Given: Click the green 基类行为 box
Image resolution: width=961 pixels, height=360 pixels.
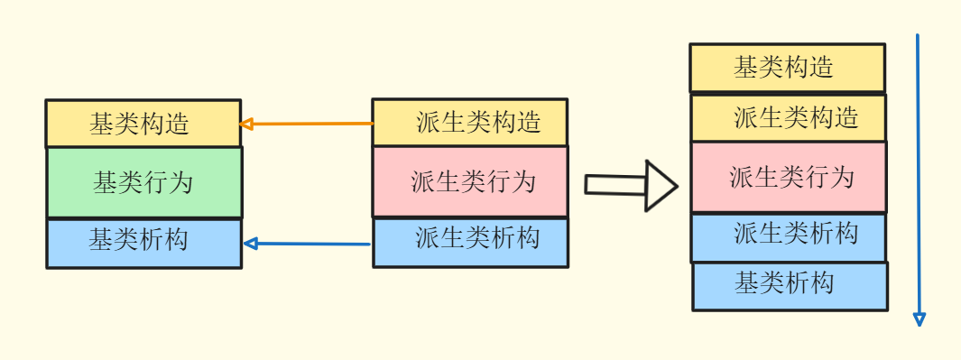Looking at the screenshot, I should (x=143, y=182).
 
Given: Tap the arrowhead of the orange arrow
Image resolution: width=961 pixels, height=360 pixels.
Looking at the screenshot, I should (x=245, y=124).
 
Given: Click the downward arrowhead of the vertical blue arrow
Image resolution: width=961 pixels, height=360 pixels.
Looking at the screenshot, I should (x=919, y=318).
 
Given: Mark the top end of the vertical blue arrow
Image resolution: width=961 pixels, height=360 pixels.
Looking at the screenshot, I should (x=917, y=36).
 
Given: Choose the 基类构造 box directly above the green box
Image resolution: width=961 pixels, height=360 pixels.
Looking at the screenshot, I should (x=143, y=124).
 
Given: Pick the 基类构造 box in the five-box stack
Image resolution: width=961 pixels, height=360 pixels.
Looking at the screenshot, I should (x=787, y=68).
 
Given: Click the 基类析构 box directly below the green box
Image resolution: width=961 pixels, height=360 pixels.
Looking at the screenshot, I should (x=143, y=243).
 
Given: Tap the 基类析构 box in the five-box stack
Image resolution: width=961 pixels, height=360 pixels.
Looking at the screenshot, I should (x=790, y=286).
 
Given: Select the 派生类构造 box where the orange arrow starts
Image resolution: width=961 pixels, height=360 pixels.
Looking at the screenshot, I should (x=470, y=122).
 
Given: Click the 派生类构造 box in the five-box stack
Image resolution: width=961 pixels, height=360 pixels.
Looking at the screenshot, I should (x=789, y=117).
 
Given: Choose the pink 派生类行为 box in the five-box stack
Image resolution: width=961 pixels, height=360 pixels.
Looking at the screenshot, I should (x=789, y=177).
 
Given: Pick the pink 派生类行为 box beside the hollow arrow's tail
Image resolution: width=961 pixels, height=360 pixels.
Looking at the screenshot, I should (x=470, y=181).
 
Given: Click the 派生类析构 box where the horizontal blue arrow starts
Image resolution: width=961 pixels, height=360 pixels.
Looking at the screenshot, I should (x=470, y=241).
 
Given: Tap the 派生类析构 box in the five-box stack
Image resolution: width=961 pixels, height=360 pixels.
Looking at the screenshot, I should (x=789, y=237).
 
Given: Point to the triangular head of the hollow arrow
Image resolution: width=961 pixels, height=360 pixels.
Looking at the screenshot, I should (x=661, y=185).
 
